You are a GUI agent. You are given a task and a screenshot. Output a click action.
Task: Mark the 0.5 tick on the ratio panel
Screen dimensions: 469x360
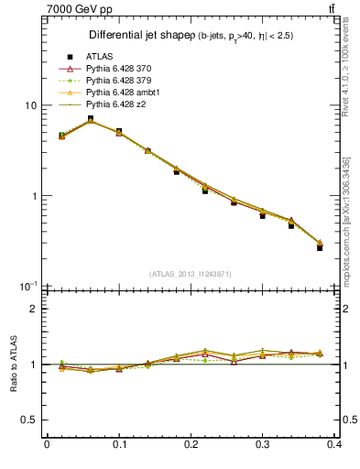click(29, 420)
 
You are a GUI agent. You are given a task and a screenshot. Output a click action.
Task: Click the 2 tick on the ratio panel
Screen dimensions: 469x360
click(34, 309)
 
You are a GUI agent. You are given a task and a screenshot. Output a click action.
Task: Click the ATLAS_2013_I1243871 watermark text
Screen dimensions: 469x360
click(191, 274)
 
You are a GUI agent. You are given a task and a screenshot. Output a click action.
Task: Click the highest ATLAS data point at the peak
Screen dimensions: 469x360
click(90, 118)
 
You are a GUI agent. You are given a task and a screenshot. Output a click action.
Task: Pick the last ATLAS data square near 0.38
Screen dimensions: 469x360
click(320, 247)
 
